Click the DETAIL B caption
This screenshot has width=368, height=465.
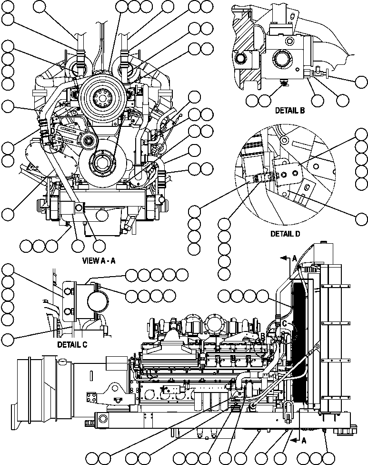(289, 111)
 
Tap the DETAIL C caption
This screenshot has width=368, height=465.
(71, 344)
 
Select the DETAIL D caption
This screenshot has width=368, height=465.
(285, 234)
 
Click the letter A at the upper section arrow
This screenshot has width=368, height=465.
(294, 258)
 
